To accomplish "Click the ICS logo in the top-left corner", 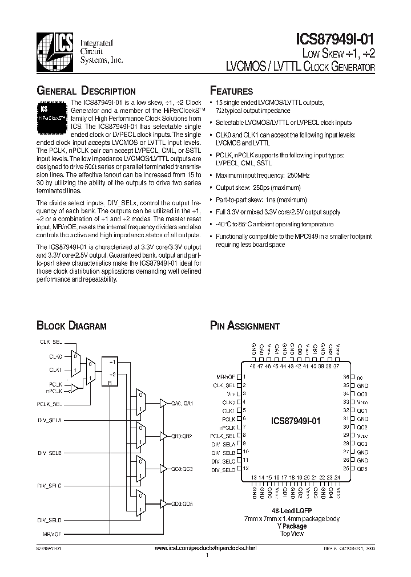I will click(x=54, y=50).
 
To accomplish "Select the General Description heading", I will click(x=86, y=91).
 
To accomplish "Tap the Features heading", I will click(x=232, y=91).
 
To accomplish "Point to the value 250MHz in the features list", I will click(x=300, y=175).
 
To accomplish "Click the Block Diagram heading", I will click(x=71, y=326).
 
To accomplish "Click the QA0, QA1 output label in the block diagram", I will click(x=184, y=403).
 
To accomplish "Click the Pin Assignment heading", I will click(x=245, y=326).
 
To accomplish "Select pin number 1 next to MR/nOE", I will click(x=244, y=377).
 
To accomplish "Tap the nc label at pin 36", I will click(x=360, y=377).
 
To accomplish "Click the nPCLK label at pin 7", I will click(x=227, y=427).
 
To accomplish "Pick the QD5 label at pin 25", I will click(x=362, y=469).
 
